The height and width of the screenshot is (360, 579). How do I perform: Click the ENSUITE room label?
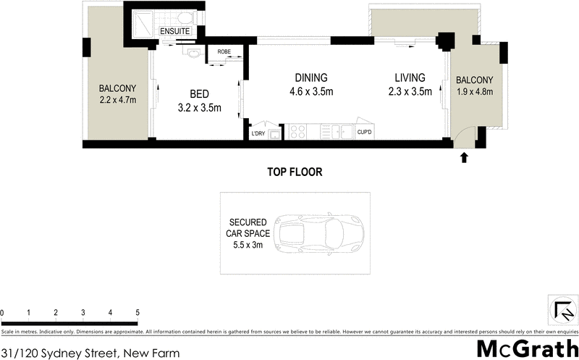click(x=174, y=32)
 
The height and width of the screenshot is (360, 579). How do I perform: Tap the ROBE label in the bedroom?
click(x=221, y=52)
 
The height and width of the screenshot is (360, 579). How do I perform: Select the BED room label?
click(x=200, y=94)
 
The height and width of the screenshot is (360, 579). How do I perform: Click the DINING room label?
click(x=311, y=78)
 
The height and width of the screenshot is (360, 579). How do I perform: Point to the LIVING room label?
click(x=410, y=78)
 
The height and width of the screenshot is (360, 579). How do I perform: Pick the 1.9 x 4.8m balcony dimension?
click(x=475, y=92)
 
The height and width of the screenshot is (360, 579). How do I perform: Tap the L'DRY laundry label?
click(x=258, y=133)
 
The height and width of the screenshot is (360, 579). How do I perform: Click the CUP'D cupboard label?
click(x=364, y=132)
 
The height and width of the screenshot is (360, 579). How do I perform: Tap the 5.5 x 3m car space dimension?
click(x=250, y=245)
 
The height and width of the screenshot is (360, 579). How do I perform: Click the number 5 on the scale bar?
click(x=138, y=312)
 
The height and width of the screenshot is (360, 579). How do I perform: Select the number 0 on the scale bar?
click(x=2, y=312)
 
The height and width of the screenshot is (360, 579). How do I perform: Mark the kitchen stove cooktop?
click(x=297, y=132)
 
